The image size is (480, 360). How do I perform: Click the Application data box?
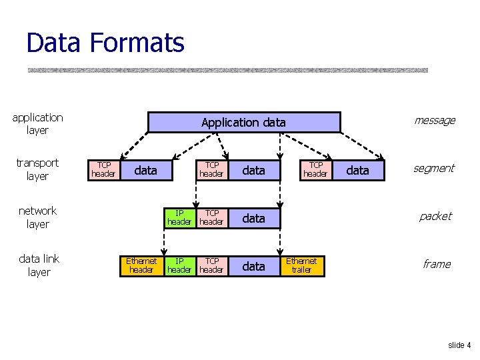click(x=243, y=122)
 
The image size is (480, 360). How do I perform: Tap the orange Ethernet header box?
click(x=141, y=265)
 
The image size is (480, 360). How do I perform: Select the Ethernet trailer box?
click(x=301, y=265)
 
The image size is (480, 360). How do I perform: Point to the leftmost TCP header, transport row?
click(x=103, y=170)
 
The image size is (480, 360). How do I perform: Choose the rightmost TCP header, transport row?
click(x=315, y=170)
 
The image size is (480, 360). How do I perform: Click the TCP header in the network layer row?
click(x=211, y=217)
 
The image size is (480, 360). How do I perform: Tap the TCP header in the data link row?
click(x=211, y=265)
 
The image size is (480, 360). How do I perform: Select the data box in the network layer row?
click(x=253, y=218)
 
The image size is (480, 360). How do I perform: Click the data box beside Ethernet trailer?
click(x=253, y=266)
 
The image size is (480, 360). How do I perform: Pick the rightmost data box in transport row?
click(x=358, y=170)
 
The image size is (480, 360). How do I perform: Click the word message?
click(x=435, y=121)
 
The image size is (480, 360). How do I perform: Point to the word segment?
click(x=434, y=169)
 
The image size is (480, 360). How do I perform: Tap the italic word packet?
click(x=435, y=217)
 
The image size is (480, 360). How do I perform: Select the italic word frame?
click(x=437, y=264)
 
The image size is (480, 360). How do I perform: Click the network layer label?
click(x=37, y=217)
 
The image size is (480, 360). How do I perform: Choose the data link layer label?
click(x=39, y=265)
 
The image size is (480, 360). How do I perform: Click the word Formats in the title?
click(x=137, y=43)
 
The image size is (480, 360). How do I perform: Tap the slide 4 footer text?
click(x=459, y=345)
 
